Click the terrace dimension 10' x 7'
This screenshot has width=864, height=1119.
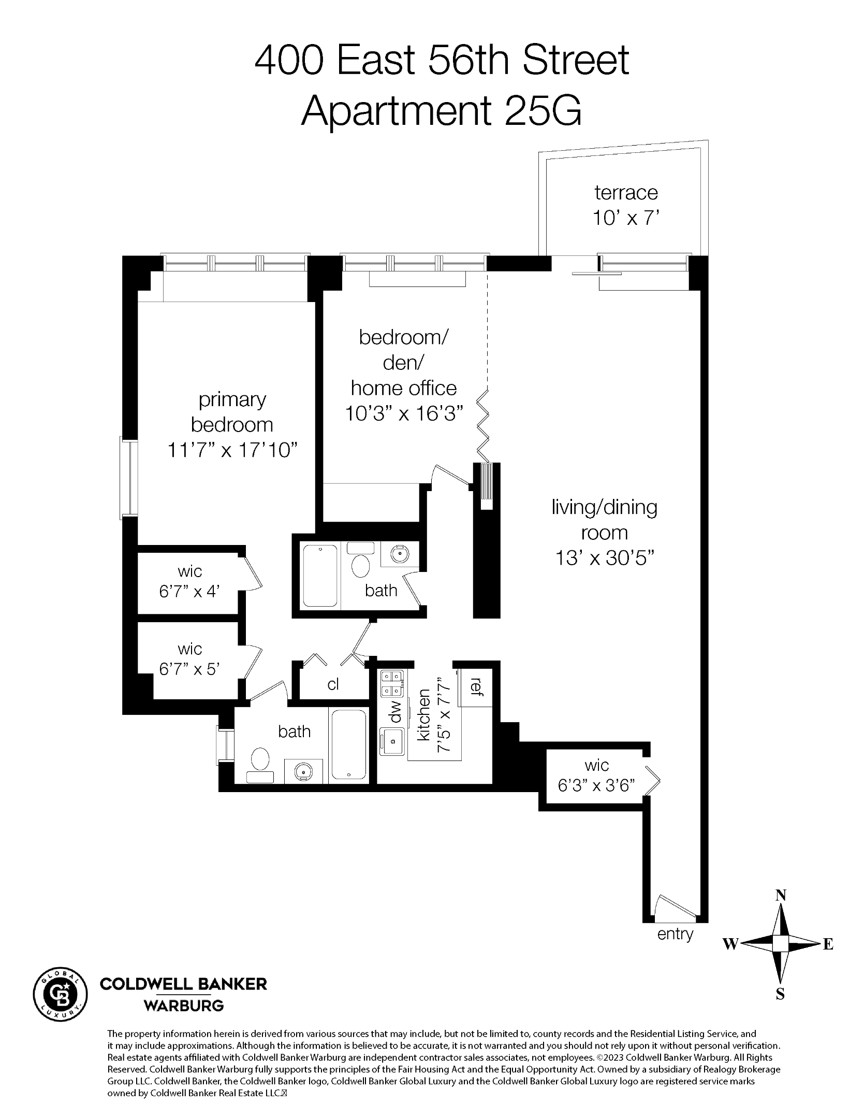626,218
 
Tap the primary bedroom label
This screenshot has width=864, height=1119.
232,412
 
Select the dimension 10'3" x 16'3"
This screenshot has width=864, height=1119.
403,413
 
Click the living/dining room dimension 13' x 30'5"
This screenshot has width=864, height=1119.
604,558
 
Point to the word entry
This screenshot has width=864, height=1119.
675,934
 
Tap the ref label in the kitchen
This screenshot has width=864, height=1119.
475,686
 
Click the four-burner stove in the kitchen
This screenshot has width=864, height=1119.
392,684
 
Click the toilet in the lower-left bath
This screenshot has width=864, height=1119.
260,760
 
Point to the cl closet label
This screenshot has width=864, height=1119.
333,685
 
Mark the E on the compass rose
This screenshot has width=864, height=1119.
828,944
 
